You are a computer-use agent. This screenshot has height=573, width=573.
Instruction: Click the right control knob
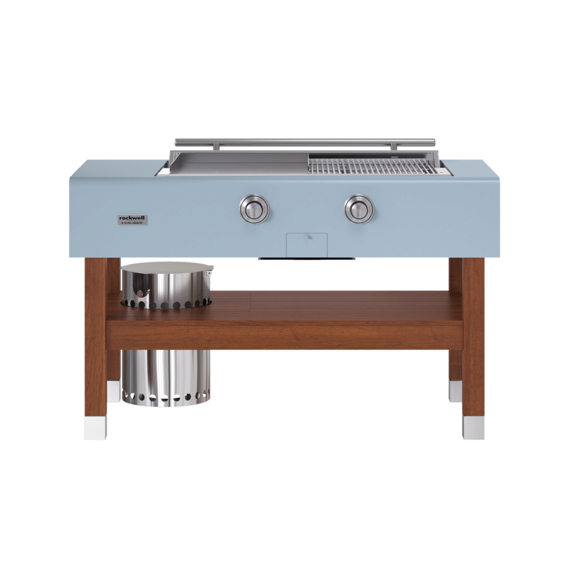[x=359, y=209]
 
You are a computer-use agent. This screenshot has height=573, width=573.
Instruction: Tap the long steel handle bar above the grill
[x=305, y=142]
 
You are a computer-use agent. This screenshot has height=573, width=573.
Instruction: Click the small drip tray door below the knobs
[x=307, y=245]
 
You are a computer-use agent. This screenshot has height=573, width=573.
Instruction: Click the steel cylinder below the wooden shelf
[x=166, y=378]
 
